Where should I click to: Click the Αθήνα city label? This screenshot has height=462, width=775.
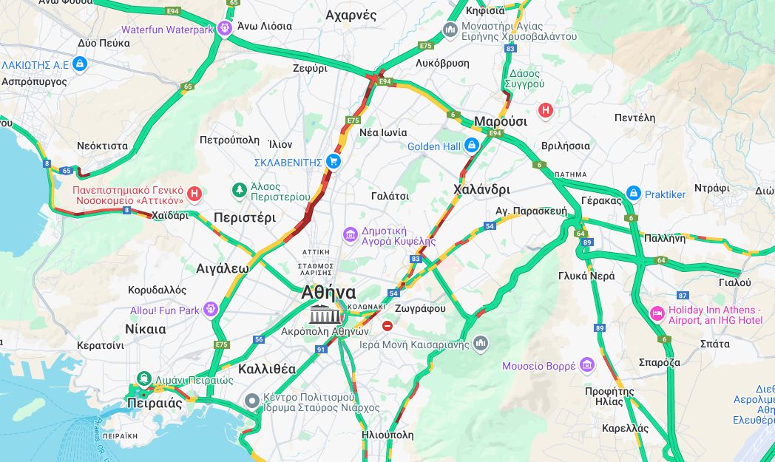point(328,293)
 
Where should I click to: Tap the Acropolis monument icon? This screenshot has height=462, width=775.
point(321,314)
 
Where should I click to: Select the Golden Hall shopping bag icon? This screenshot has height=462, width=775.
point(471,146)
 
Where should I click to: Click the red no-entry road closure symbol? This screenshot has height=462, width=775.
point(387,326)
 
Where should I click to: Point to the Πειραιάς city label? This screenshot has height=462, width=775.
point(154,404)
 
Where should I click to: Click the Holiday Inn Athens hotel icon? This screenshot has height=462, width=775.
point(657,314)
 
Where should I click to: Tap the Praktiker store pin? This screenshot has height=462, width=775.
point(633,194)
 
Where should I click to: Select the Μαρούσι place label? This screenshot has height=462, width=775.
point(500,121)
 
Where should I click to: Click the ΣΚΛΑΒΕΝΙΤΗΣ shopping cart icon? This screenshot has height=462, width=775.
point(334,161)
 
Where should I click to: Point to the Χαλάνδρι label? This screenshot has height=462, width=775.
point(481,189)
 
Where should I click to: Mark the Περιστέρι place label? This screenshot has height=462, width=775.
point(244,217)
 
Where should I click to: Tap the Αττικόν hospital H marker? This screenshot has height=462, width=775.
point(194,194)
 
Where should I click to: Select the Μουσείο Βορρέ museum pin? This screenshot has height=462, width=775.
point(587,365)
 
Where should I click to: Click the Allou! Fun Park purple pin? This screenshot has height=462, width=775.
point(211,310)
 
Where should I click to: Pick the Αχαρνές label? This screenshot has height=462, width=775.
point(351,15)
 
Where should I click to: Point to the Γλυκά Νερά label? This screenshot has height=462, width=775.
point(586,275)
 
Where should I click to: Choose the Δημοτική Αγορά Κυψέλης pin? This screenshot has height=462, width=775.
point(350,235)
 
